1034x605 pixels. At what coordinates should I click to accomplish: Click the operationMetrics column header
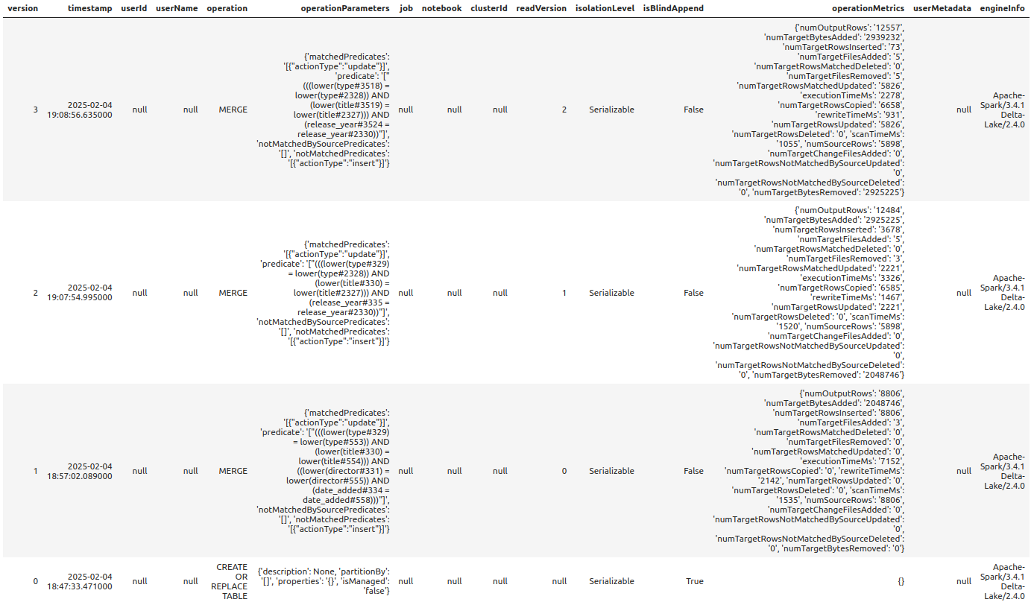[868, 8]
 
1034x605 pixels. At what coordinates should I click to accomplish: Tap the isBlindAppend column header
[673, 8]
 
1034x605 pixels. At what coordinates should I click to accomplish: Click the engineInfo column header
[1002, 8]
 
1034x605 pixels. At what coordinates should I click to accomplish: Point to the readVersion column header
[541, 8]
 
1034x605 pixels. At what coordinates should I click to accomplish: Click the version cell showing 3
[35, 110]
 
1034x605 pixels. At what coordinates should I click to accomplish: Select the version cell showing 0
[35, 581]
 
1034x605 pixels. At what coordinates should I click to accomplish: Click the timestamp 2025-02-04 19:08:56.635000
[89, 110]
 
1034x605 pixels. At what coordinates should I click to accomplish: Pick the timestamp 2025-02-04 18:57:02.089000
[89, 471]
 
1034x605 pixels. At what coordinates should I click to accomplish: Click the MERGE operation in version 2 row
[233, 293]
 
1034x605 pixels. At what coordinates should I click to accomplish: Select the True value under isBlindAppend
[693, 581]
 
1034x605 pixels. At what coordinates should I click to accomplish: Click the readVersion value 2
[564, 110]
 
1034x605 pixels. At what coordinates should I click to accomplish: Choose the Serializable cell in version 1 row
[611, 471]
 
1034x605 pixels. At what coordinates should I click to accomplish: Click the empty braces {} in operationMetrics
[901, 581]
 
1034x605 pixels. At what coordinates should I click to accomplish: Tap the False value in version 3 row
[693, 110]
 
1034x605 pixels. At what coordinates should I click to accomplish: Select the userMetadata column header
[942, 8]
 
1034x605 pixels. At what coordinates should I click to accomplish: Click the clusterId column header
[489, 8]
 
